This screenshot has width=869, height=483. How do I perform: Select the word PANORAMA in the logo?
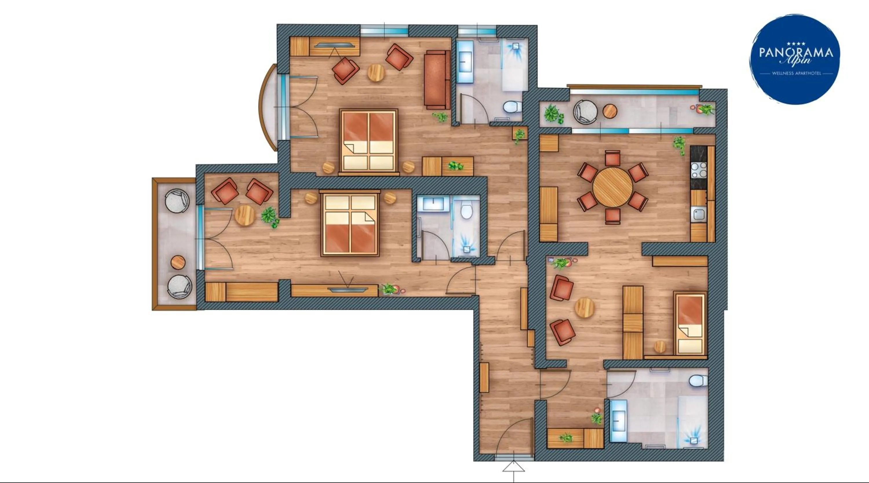point(796,53)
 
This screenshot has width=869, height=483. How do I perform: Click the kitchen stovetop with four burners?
point(699,170)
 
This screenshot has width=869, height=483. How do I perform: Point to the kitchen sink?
point(699,215)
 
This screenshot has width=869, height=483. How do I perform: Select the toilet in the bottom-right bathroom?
point(698,381)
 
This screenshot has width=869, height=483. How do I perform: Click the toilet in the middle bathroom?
point(466,211)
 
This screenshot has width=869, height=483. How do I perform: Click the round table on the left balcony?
point(178,262)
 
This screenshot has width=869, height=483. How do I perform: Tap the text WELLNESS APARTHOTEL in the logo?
point(796,73)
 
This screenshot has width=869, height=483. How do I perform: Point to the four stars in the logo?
point(796,43)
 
